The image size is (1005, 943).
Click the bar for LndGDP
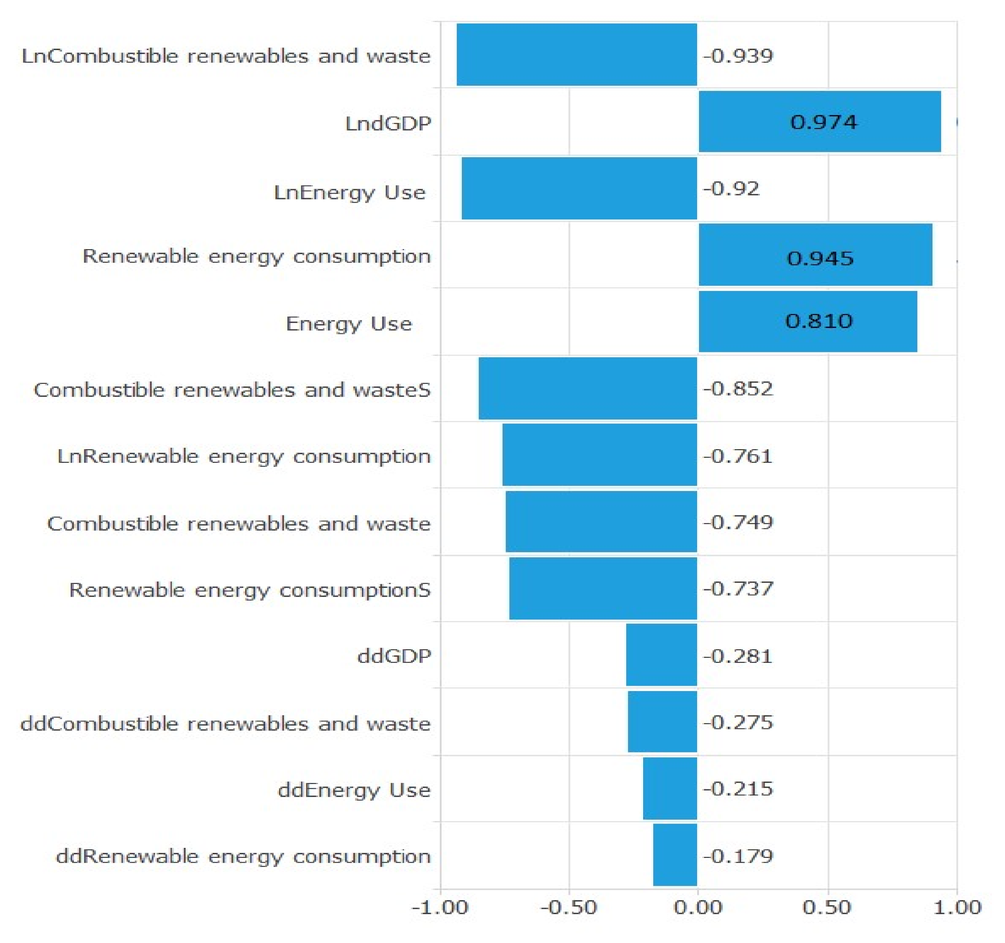(x=819, y=121)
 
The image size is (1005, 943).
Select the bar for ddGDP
(x=661, y=655)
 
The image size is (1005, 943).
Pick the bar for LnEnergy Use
(x=580, y=188)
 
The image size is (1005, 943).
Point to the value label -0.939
(x=738, y=55)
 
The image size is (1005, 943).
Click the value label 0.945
(x=820, y=258)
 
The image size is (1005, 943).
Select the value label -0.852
(x=738, y=389)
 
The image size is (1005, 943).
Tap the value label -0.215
(x=738, y=788)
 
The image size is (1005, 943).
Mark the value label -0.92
(x=731, y=188)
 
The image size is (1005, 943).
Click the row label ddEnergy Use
(x=354, y=789)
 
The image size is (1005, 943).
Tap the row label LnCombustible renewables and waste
(x=226, y=55)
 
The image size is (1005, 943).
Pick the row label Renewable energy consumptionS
(x=250, y=589)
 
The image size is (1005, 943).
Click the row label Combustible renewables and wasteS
(x=232, y=390)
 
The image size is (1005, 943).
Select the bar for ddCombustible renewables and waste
(x=662, y=722)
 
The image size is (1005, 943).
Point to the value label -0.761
(x=738, y=456)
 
